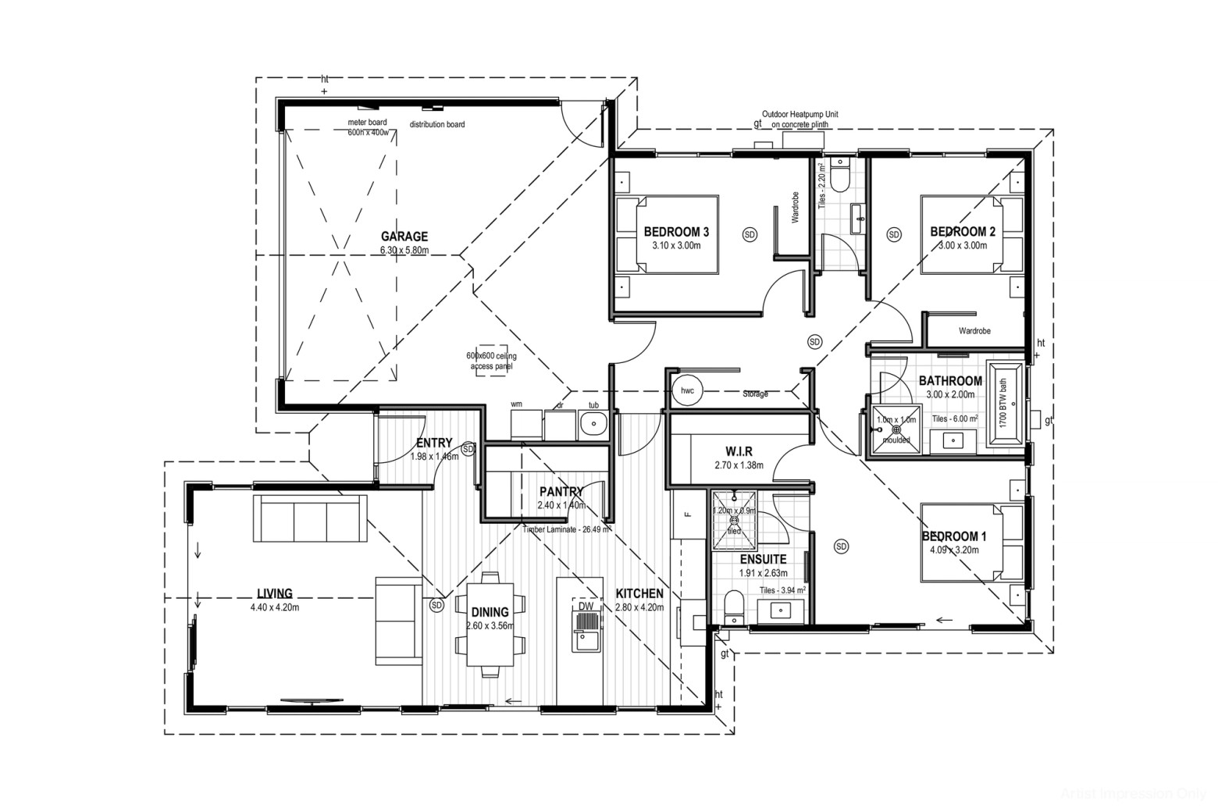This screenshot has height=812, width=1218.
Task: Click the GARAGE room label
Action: click(x=404, y=236)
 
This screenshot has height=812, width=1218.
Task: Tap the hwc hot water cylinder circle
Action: click(x=687, y=390)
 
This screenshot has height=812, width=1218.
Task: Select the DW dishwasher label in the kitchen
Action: click(x=586, y=606)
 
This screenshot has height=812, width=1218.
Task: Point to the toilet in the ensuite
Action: click(x=734, y=606)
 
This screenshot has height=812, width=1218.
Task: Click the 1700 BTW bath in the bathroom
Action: click(x=1005, y=403)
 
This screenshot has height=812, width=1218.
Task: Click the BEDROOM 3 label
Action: click(x=676, y=232)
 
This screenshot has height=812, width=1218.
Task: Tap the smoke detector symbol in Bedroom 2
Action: click(x=894, y=234)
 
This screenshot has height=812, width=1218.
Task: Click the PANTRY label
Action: click(x=561, y=492)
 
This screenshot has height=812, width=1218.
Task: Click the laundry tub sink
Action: click(x=593, y=426)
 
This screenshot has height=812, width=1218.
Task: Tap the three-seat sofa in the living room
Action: click(x=310, y=518)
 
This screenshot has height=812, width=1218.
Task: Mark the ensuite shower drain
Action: click(x=734, y=519)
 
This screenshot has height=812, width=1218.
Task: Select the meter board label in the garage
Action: click(x=367, y=123)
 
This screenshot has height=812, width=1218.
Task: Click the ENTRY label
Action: click(x=435, y=443)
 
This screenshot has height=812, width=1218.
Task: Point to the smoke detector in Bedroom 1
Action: click(x=841, y=547)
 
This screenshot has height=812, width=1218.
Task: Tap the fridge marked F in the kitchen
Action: click(x=688, y=514)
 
